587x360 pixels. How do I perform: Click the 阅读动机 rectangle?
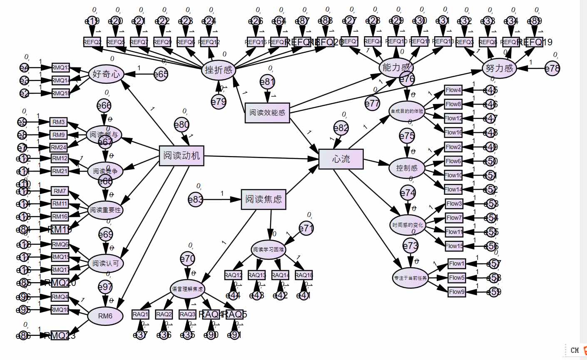click(x=182, y=156)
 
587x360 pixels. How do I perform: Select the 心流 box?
click(x=341, y=159)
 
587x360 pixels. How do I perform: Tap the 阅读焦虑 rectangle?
click(x=264, y=199)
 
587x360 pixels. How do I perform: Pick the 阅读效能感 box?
click(x=267, y=112)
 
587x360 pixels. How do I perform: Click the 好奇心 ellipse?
click(x=107, y=74)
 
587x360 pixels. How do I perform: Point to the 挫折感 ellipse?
click(x=219, y=70)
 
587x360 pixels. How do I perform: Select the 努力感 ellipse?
click(x=499, y=68)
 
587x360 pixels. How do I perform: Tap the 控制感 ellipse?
click(x=407, y=168)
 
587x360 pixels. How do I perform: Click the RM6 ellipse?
click(x=105, y=316)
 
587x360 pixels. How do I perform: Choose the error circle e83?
click(x=195, y=200)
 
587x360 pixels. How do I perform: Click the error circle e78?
click(x=552, y=69)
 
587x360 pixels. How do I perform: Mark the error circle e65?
click(x=161, y=74)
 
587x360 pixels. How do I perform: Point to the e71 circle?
click(x=306, y=228)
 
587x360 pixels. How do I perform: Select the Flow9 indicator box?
click(x=457, y=292)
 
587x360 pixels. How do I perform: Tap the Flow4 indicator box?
click(x=453, y=90)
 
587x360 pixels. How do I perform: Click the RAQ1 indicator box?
click(x=140, y=315)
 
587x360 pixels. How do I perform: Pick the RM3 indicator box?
click(x=59, y=122)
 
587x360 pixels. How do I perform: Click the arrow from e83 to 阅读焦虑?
click(x=222, y=200)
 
